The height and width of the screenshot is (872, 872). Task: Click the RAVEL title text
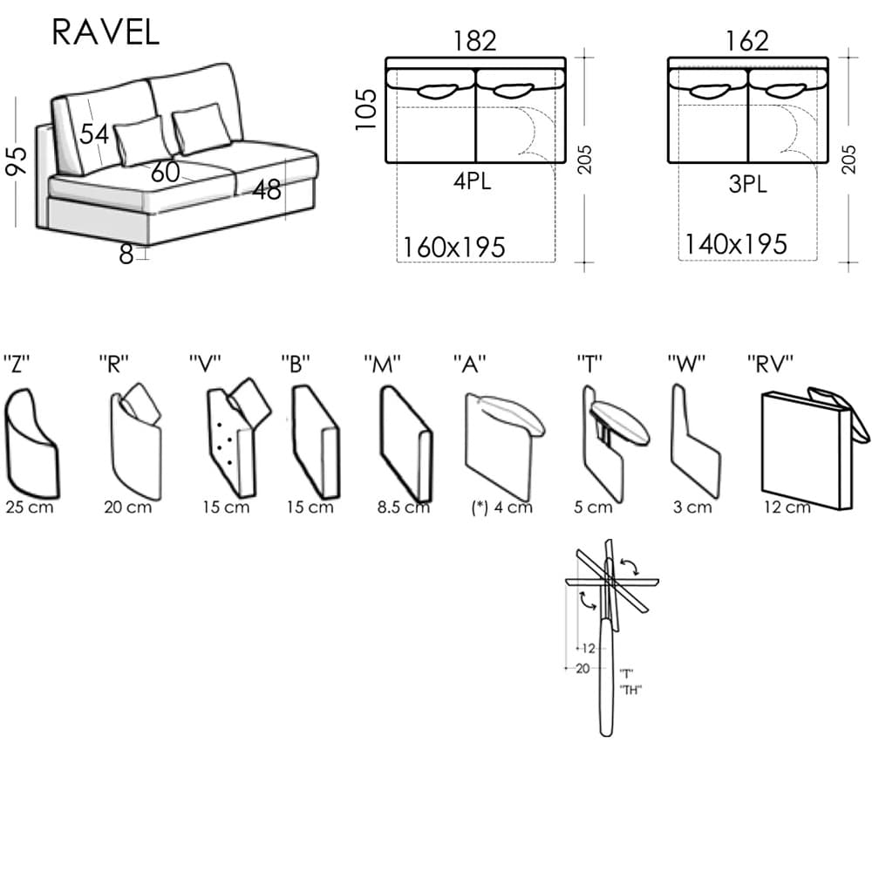(106, 31)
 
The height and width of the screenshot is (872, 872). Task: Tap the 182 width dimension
(474, 41)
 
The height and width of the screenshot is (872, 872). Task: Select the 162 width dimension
(746, 41)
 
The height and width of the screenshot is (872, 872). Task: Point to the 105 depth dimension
(368, 109)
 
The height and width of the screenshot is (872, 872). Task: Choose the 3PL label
(746, 185)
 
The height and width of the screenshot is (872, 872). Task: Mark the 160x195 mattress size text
(453, 248)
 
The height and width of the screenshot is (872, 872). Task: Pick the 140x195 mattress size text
(735, 245)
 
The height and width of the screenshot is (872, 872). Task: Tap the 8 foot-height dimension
(126, 255)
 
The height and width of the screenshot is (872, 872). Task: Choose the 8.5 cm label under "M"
(402, 508)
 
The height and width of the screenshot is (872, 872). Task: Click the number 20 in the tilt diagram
(582, 668)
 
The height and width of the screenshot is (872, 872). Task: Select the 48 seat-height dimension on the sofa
(268, 189)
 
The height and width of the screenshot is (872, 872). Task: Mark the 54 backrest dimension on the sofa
(95, 134)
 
